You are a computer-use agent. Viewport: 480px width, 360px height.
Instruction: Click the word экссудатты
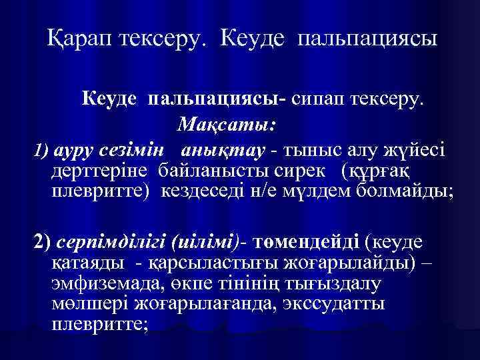pyautogui.click(x=341, y=305)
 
